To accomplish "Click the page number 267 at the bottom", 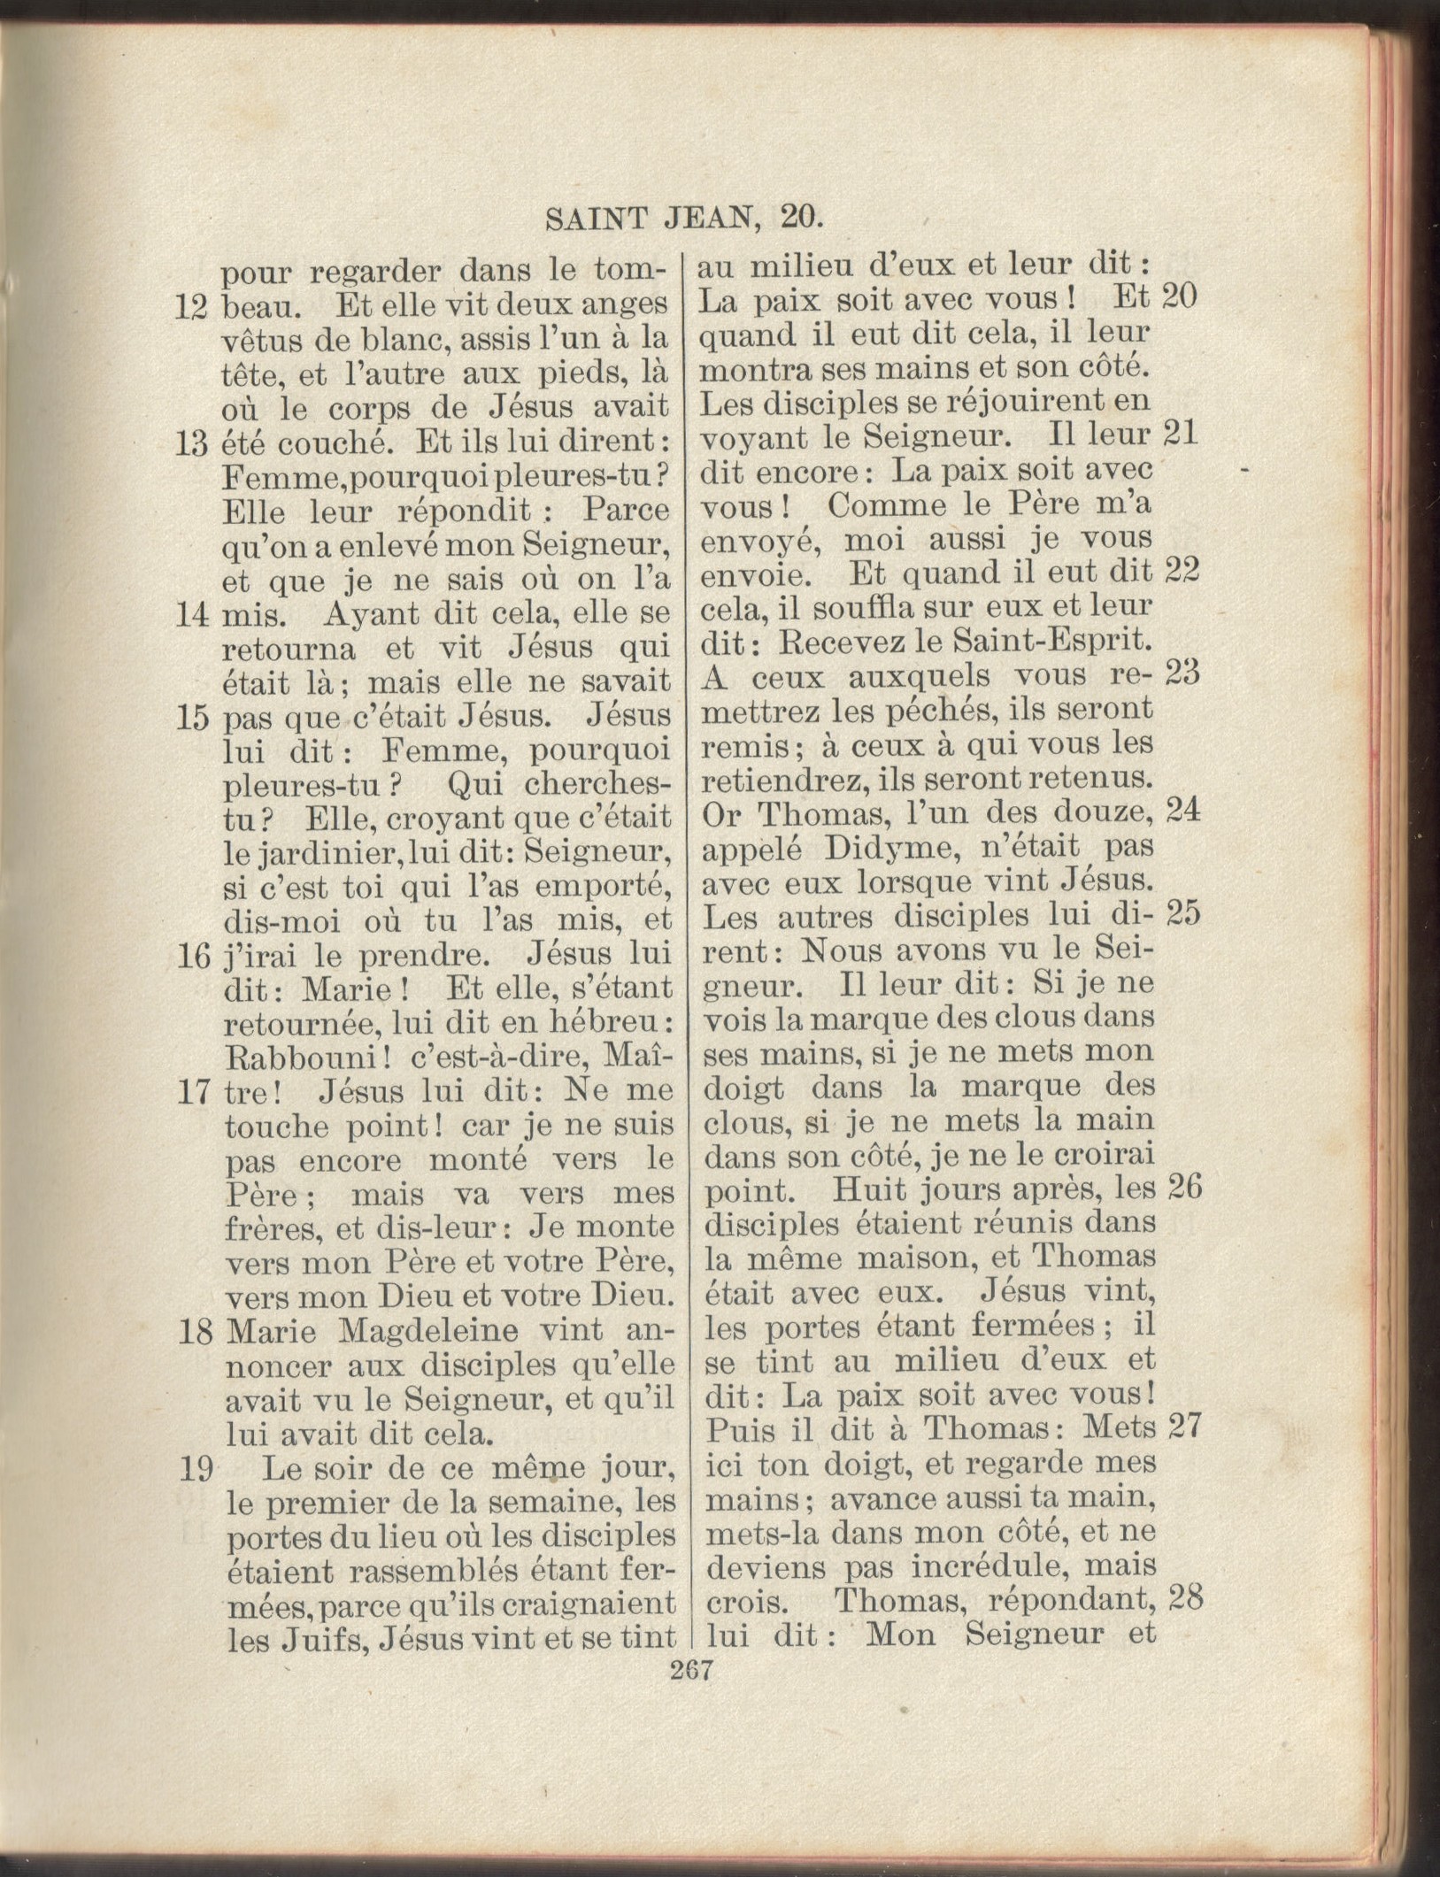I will (692, 1671).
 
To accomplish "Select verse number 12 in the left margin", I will (191, 306).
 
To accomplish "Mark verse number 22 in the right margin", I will (1182, 572).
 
